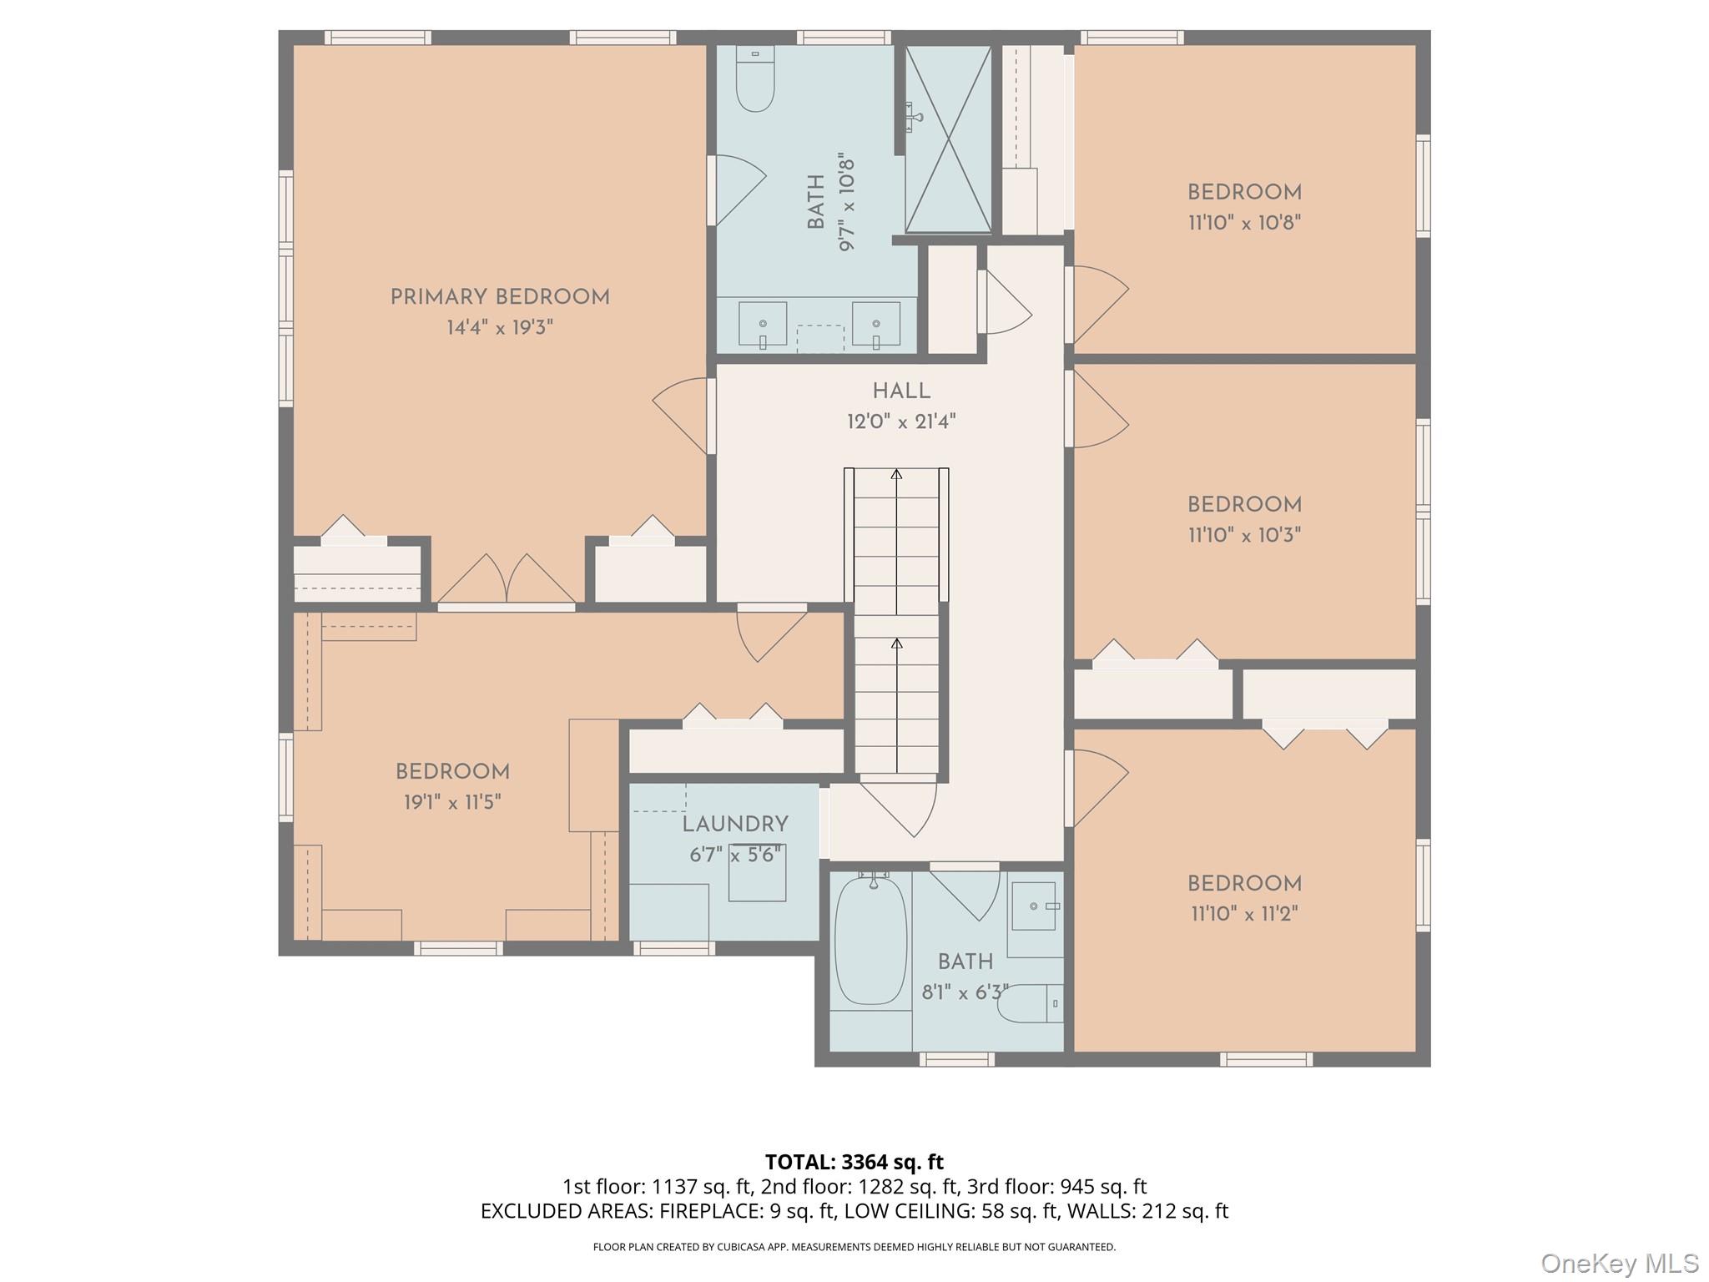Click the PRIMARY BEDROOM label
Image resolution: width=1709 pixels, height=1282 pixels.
tap(500, 297)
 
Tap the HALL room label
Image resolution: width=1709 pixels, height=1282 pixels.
tap(901, 391)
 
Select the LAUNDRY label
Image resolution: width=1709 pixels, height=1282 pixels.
tap(735, 825)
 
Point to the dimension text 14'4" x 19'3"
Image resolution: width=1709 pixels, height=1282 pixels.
tap(500, 327)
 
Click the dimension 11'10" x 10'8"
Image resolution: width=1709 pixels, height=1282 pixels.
tap(1245, 223)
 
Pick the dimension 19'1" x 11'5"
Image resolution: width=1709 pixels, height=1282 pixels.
tap(452, 802)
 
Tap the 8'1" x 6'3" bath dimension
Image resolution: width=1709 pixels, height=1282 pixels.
tap(965, 992)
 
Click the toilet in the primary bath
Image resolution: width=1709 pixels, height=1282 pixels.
tap(755, 78)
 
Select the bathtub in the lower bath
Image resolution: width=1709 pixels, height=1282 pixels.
tap(870, 941)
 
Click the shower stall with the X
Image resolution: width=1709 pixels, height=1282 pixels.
tap(949, 139)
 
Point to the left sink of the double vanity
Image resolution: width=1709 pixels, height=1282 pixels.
tap(763, 324)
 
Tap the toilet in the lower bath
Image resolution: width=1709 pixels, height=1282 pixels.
tap(1031, 1003)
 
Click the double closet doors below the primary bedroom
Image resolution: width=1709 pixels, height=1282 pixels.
tap(507, 578)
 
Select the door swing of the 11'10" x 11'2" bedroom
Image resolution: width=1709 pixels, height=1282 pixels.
tap(1098, 789)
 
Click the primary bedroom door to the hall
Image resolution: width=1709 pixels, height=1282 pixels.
tap(683, 416)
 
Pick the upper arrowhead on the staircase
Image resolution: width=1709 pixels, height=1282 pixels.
tap(896, 474)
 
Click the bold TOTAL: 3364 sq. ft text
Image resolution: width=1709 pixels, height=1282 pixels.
tap(854, 1162)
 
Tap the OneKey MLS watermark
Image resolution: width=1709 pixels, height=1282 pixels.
tap(1619, 1263)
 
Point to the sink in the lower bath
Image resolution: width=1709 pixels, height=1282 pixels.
tap(1035, 906)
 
